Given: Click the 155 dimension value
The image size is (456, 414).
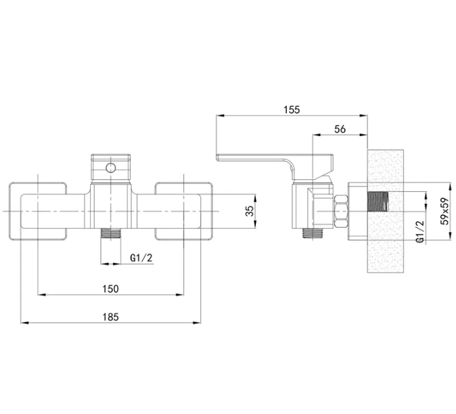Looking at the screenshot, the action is pyautogui.click(x=292, y=109).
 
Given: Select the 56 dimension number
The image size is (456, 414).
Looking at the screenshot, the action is pyautogui.click(x=339, y=129).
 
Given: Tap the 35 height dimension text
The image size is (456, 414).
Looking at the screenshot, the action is pyautogui.click(x=249, y=211).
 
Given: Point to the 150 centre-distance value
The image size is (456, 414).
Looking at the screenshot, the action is pyautogui.click(x=111, y=289).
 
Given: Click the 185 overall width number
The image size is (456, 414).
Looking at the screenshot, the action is pyautogui.click(x=111, y=316).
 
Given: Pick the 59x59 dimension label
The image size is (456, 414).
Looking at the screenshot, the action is pyautogui.click(x=445, y=212).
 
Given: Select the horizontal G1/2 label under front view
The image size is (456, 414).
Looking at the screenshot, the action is pyautogui.click(x=141, y=258).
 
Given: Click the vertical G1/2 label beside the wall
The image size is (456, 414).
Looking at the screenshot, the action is pyautogui.click(x=420, y=232).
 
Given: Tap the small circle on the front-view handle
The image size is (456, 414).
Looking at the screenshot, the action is pyautogui.click(x=111, y=168).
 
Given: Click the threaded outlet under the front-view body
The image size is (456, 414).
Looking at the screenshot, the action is pyautogui.click(x=111, y=233).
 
